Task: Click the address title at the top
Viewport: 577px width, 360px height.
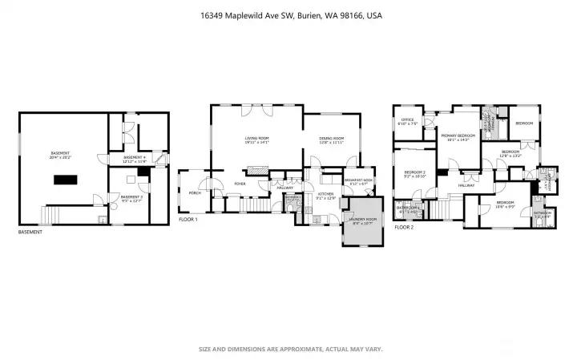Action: [288, 14]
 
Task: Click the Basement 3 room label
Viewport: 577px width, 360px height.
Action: [131, 197]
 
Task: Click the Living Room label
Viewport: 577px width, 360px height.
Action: [257, 140]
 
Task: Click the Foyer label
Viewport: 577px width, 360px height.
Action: [239, 184]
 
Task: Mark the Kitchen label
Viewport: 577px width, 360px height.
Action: [325, 195]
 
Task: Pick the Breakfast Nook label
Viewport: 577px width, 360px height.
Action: [358, 181]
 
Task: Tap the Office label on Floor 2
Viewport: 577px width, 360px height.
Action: [408, 121]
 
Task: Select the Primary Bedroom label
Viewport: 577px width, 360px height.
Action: [458, 137]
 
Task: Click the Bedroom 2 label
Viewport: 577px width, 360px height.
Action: [414, 174]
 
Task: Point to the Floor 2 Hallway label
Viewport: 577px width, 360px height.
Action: [467, 186]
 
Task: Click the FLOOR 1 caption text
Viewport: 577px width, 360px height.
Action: [188, 219]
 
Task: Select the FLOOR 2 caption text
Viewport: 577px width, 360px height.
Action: [404, 228]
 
